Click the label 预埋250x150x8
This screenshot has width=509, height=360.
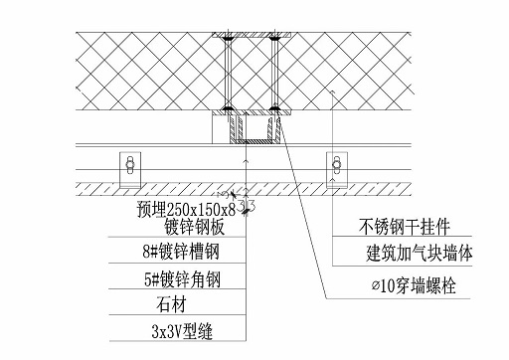pos(186,209)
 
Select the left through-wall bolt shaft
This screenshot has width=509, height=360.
pos(229,74)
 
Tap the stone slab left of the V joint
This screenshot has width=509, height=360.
pos(149,187)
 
